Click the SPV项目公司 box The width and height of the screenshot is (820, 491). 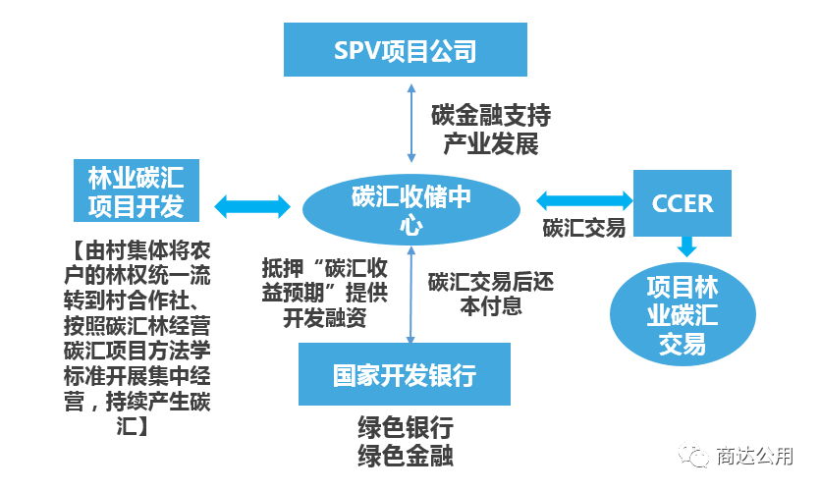click(x=406, y=49)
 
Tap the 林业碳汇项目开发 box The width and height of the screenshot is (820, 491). click(x=136, y=192)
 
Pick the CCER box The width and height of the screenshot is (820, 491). click(x=683, y=203)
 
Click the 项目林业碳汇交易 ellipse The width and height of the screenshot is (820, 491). click(x=683, y=314)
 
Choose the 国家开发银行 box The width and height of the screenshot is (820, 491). click(x=404, y=374)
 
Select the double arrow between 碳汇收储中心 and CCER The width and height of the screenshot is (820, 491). click(x=584, y=200)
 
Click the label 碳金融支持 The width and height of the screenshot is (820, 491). click(x=491, y=116)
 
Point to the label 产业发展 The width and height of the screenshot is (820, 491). click(x=491, y=144)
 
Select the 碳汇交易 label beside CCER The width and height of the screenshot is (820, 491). click(x=584, y=228)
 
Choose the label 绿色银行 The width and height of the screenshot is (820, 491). click(x=406, y=429)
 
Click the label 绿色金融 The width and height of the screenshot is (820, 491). click(x=406, y=456)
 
